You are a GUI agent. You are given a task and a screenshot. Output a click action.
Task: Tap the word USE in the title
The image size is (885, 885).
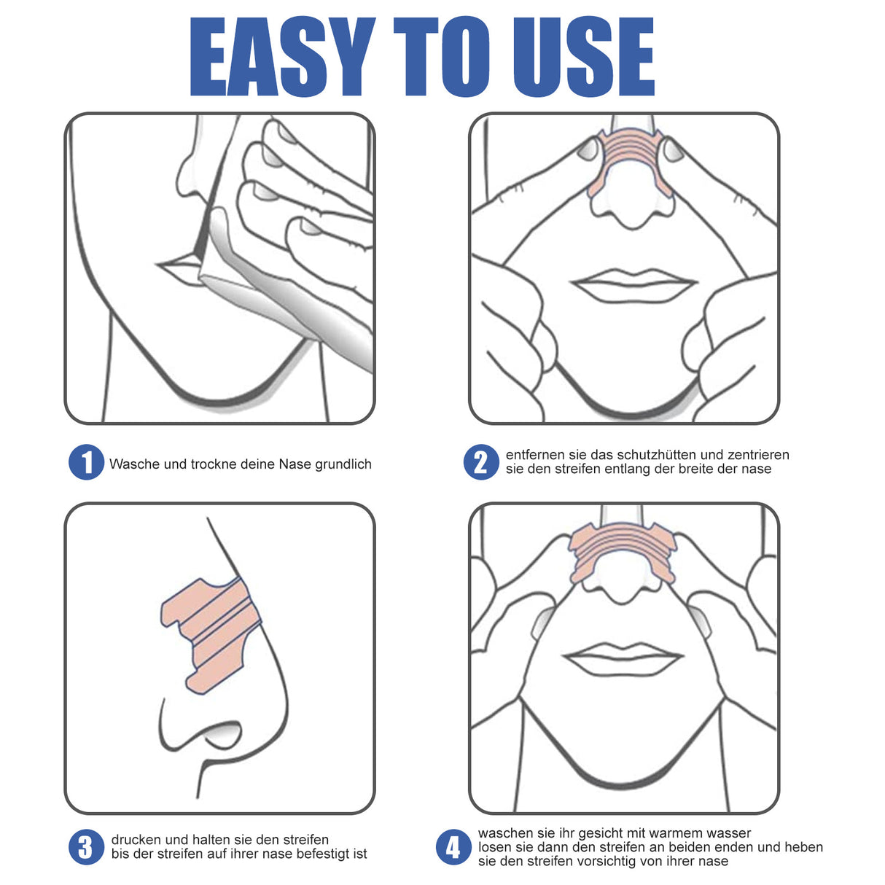(x=583, y=57)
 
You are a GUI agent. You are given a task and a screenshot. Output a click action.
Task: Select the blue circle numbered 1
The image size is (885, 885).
(x=86, y=463)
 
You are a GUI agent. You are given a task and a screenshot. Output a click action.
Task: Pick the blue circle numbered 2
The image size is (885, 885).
(x=481, y=462)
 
